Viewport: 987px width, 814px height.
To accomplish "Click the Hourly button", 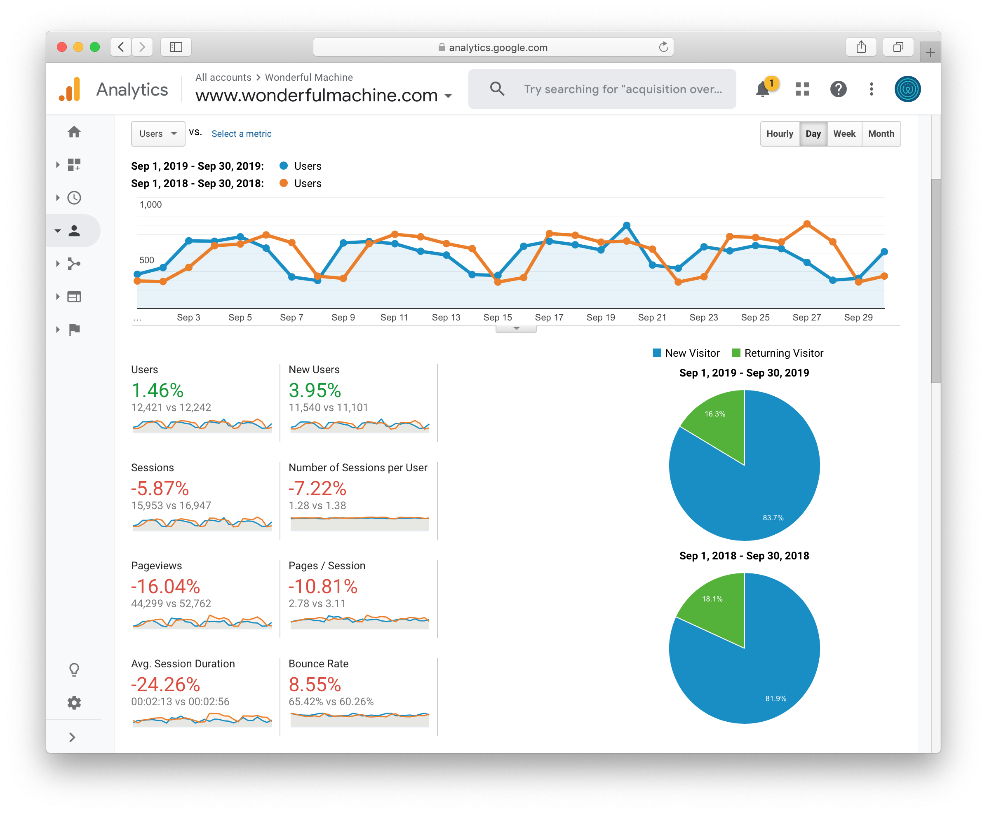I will (x=780, y=133).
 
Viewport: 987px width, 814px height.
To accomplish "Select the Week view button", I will (x=844, y=133).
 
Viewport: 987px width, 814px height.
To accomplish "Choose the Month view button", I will (x=881, y=133).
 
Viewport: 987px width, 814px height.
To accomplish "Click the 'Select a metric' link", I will (x=241, y=133).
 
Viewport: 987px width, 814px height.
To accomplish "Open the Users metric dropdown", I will (x=157, y=133).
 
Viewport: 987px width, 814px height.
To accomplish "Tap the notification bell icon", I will (x=763, y=89).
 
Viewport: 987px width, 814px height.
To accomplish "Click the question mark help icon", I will (x=838, y=89).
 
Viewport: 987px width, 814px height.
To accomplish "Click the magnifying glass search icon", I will (x=497, y=89).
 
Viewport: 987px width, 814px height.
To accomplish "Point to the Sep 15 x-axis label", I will (x=498, y=318).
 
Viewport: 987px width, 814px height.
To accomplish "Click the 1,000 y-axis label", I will (x=150, y=204).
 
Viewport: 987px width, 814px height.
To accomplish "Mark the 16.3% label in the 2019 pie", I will (x=714, y=414).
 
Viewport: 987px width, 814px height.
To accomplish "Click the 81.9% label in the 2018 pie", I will (x=775, y=699).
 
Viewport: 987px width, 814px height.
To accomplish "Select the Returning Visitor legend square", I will (x=736, y=353).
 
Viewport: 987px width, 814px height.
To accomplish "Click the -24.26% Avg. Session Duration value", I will (x=166, y=685).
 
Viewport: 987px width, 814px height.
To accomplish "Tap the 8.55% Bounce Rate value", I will (x=315, y=685).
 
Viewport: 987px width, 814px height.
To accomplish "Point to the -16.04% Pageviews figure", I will (x=166, y=587).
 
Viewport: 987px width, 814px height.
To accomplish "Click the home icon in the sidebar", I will (x=74, y=132).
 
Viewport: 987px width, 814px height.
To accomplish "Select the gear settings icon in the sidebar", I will (x=74, y=702).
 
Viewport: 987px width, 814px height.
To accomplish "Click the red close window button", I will (x=61, y=47).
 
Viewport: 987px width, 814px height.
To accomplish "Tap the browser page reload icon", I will (x=663, y=47).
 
